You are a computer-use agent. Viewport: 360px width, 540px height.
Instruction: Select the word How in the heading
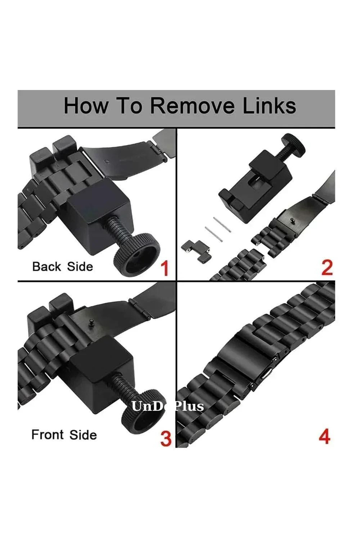coord(86,106)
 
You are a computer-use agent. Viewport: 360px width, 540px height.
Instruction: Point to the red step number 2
coord(327,268)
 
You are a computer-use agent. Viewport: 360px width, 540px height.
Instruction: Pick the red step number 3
coord(166,438)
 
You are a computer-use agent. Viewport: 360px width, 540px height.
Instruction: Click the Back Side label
coord(62,266)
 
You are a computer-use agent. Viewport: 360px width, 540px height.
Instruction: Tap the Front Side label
coord(64,435)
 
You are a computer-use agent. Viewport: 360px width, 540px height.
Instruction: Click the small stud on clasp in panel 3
coord(91,323)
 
